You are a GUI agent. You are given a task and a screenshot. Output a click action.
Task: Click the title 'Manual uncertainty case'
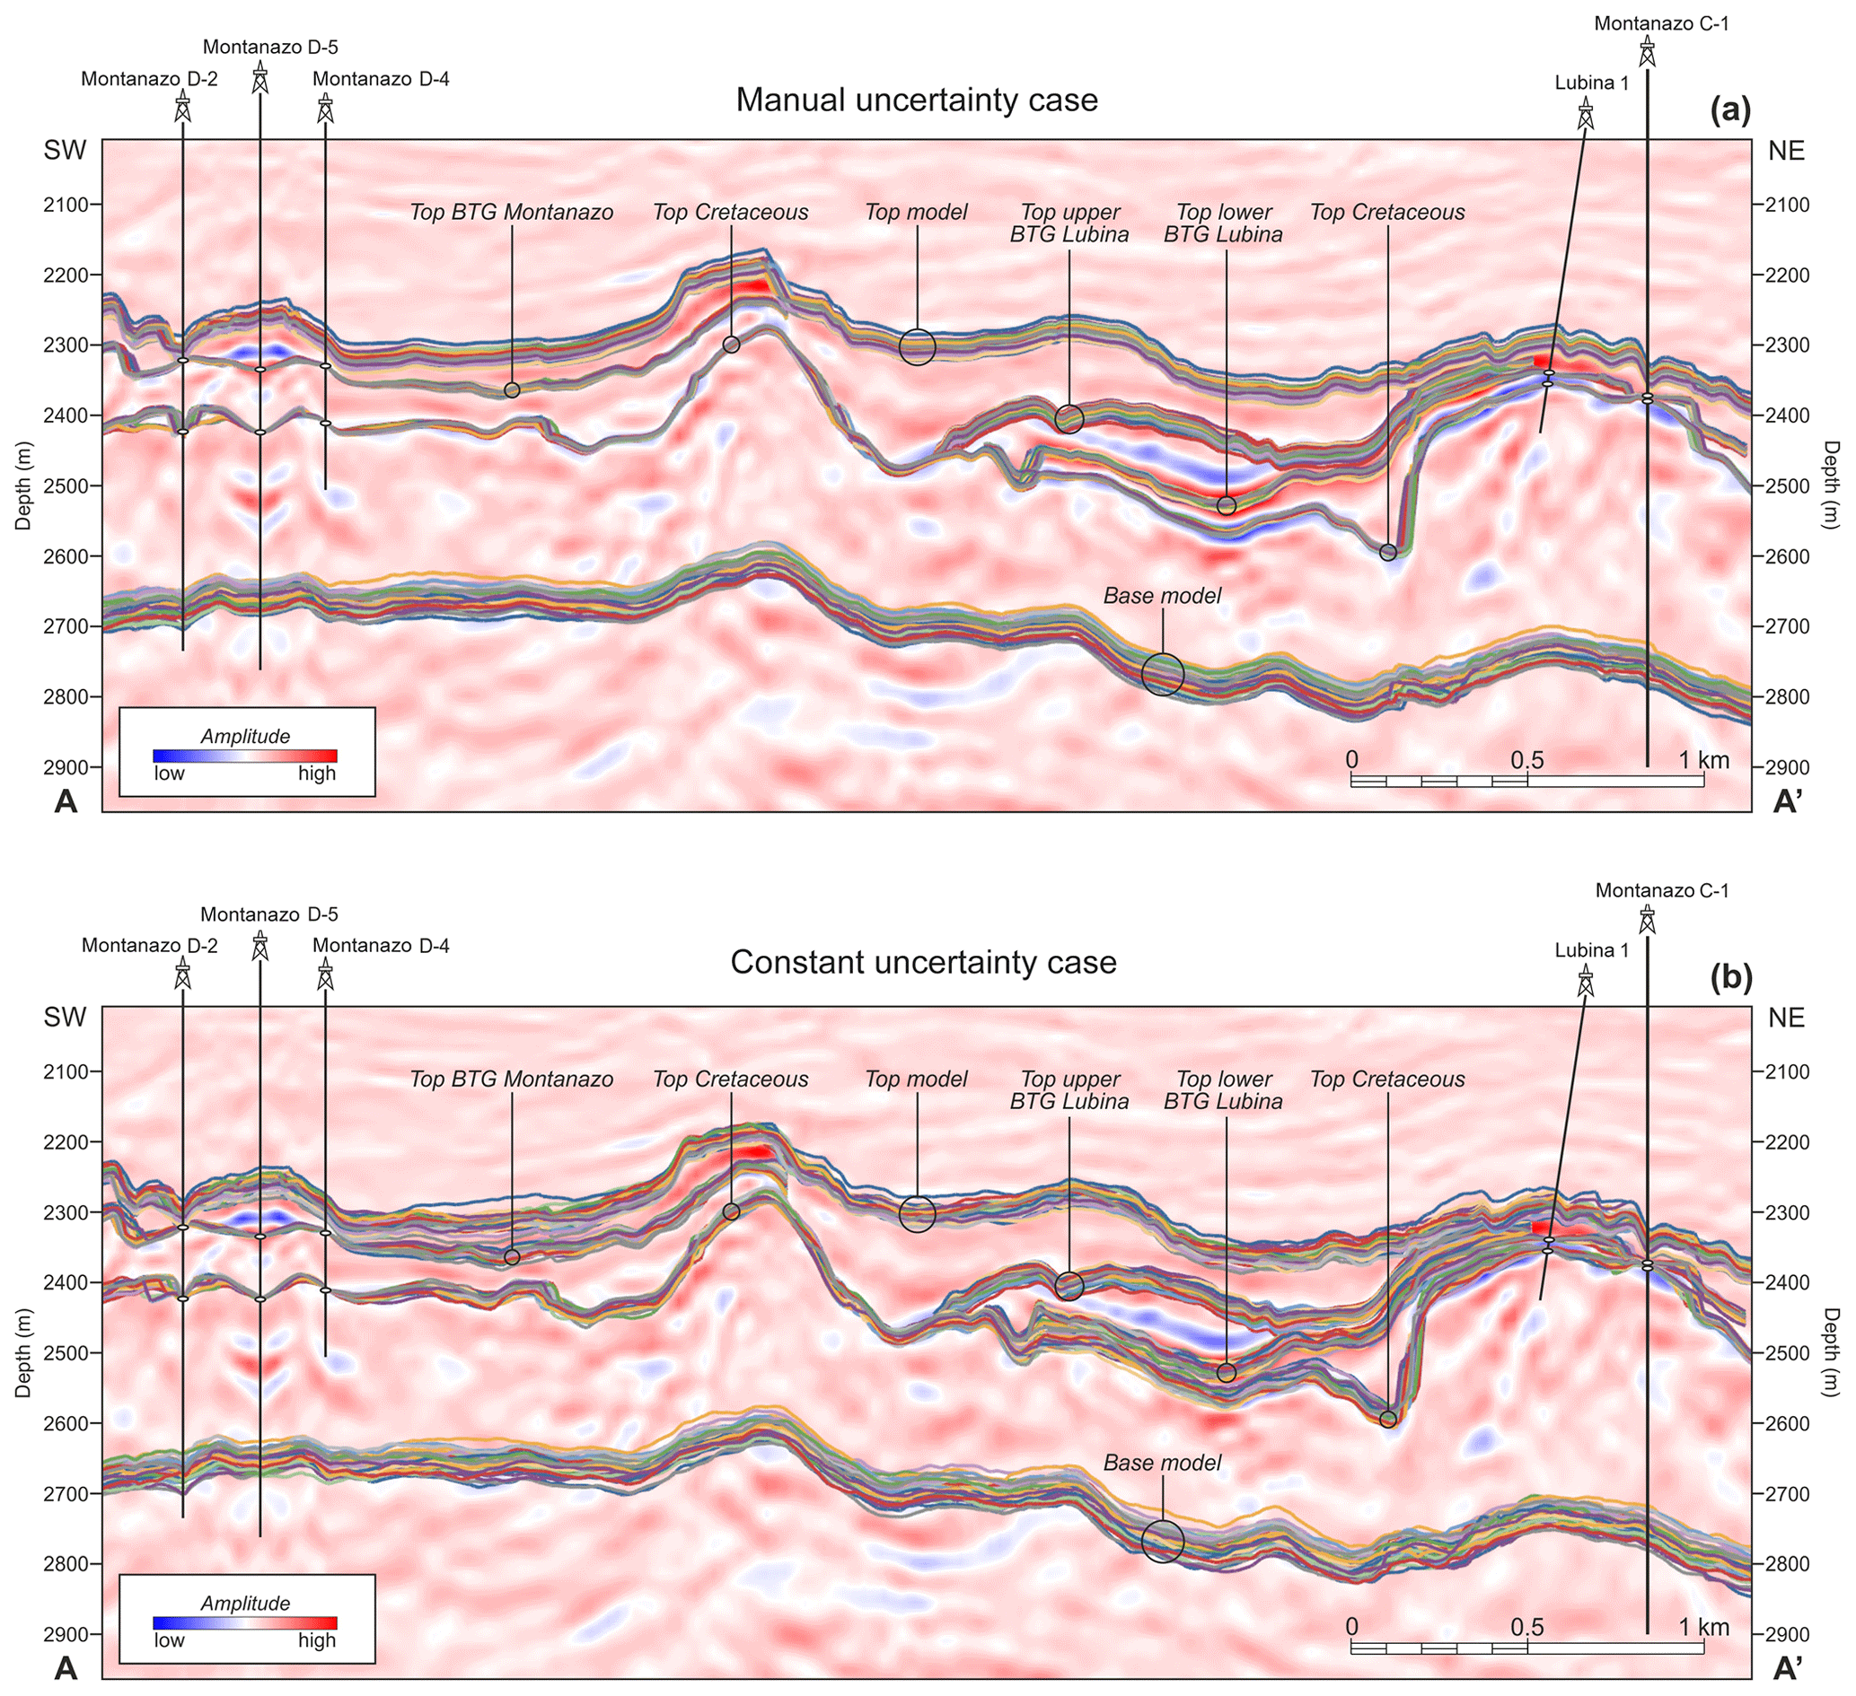(916, 100)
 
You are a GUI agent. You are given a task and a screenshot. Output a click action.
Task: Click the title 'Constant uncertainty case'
(923, 963)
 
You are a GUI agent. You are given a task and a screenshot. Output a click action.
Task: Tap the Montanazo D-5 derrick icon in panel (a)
(260, 76)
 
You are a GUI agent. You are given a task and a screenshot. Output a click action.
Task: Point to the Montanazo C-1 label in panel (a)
(1661, 24)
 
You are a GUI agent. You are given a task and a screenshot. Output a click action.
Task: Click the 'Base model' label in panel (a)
(1162, 595)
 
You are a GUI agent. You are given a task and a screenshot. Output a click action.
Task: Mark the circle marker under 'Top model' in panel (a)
(917, 347)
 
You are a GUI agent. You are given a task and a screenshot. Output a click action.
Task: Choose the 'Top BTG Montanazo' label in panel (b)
(511, 1079)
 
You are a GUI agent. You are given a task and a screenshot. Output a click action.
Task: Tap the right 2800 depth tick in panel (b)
(1786, 1563)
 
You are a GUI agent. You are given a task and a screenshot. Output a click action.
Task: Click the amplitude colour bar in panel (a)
(245, 756)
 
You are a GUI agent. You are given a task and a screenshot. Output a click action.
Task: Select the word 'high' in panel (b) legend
(317, 1639)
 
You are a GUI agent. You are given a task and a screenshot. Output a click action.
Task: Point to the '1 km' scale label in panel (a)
(1702, 760)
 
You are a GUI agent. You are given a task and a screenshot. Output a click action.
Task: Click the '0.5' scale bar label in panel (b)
(1526, 1627)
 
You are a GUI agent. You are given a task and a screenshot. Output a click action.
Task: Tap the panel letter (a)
(1730, 111)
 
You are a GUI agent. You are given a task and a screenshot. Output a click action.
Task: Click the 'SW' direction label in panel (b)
(66, 1017)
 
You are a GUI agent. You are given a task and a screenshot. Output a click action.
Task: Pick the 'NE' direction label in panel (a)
(1786, 150)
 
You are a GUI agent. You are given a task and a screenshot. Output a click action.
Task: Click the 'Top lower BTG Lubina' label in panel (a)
(1223, 223)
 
